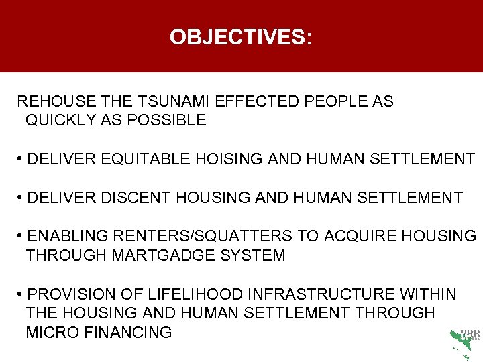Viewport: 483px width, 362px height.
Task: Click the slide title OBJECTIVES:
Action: coord(241,37)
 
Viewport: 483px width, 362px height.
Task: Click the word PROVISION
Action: coord(73,294)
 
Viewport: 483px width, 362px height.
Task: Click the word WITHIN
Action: coord(428,294)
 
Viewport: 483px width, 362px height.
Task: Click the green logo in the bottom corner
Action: coord(464,343)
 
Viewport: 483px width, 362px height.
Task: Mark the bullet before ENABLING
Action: coord(22,236)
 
